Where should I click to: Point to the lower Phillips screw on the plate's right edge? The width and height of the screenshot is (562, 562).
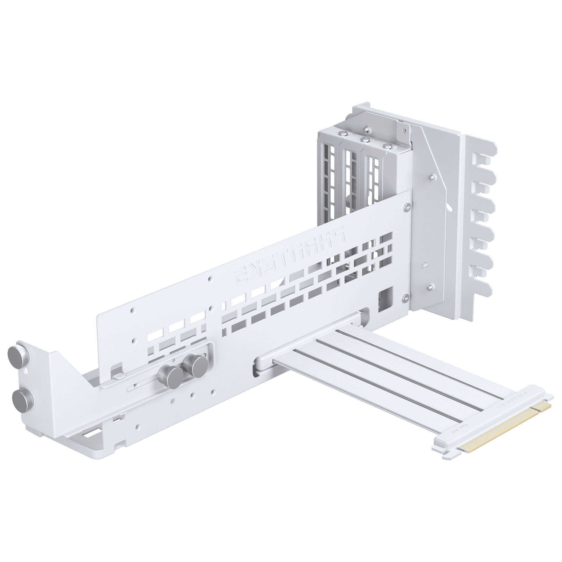pos(407,297)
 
